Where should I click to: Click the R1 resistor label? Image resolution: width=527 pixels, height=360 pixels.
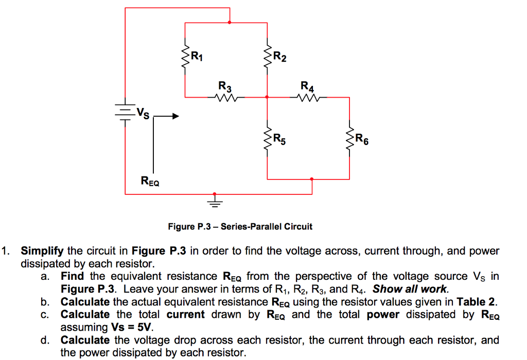coord(197,56)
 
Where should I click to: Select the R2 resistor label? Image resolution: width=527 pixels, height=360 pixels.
coord(279,56)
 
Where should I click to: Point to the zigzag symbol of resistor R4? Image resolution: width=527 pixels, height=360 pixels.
coord(309,97)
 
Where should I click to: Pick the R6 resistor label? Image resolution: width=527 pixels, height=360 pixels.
coord(362,138)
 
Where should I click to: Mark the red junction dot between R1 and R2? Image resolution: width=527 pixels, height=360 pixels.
coord(230,23)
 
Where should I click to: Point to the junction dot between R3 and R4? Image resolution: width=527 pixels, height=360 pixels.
coord(267,97)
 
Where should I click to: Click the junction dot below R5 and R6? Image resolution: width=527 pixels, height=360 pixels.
coord(311,179)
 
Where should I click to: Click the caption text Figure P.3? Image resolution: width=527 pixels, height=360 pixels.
coord(240,226)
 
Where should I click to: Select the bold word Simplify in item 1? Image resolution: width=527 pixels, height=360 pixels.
coord(42,251)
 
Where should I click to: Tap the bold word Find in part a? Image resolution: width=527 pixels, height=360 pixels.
coord(72,277)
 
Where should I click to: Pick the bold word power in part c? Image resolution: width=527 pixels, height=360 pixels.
coord(383,314)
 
